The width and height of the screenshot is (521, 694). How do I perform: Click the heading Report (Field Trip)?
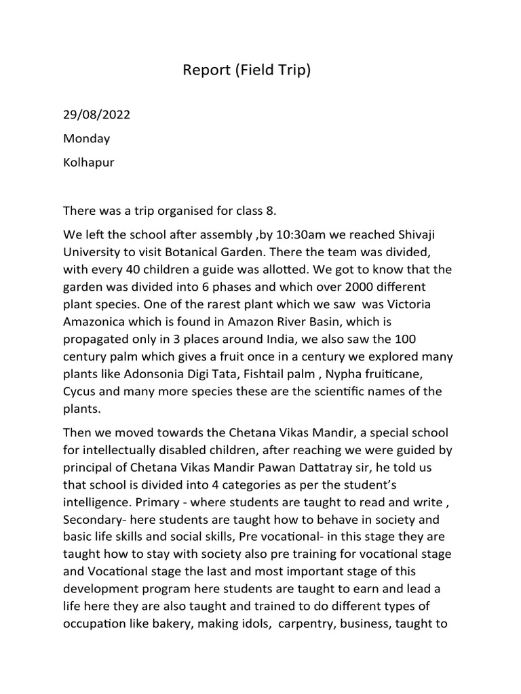click(246, 70)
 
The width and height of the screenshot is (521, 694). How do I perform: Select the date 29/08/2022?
click(96, 115)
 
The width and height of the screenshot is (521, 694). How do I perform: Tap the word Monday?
click(86, 138)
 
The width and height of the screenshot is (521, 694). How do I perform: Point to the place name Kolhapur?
click(89, 163)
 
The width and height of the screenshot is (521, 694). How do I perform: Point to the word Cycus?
click(79, 392)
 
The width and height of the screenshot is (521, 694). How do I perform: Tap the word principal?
click(88, 468)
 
